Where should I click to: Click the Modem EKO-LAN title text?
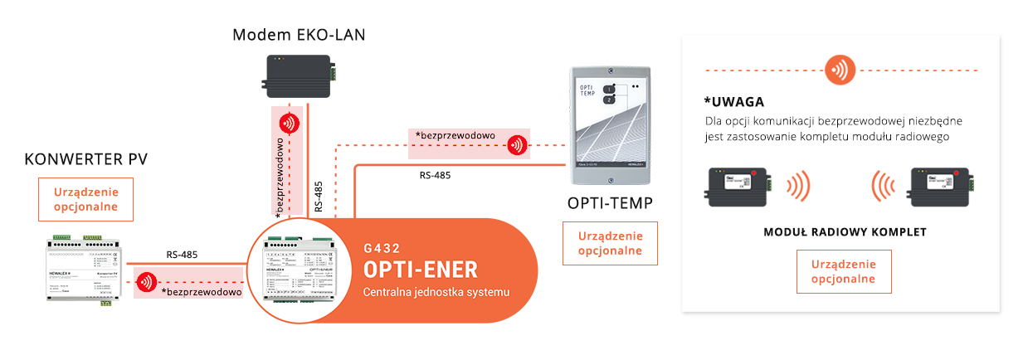[x=299, y=35]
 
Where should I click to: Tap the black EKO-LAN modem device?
[x=299, y=76]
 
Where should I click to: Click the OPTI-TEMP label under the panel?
[x=610, y=203]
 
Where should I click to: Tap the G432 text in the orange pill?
[x=381, y=247]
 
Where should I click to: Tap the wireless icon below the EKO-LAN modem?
[x=289, y=124]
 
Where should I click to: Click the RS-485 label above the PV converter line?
[x=182, y=255]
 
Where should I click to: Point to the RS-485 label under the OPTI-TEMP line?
[x=436, y=175]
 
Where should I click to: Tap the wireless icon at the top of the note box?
[x=840, y=70]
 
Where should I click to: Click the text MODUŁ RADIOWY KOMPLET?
[x=845, y=232]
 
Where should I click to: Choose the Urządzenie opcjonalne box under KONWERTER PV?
[x=85, y=199]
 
